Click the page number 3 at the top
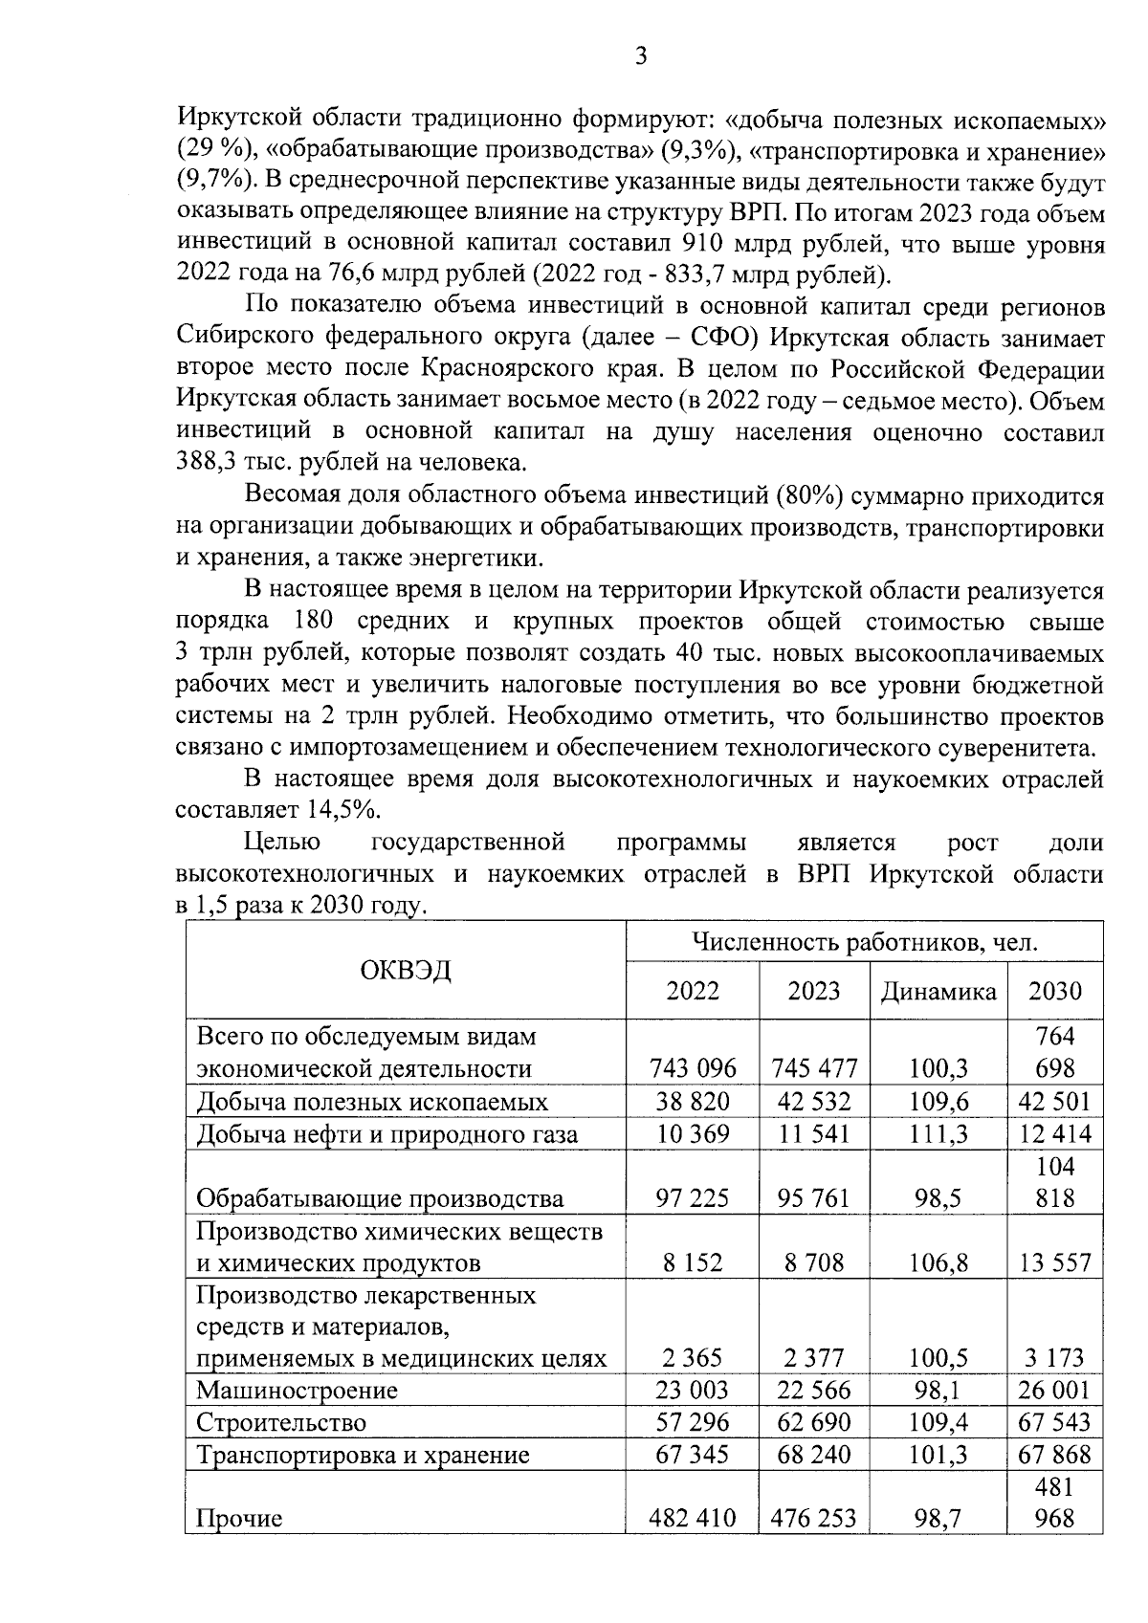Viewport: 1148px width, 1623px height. pyautogui.click(x=641, y=56)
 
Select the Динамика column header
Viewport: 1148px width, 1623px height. pyautogui.click(x=938, y=991)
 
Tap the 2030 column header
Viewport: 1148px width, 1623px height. pyautogui.click(x=1054, y=990)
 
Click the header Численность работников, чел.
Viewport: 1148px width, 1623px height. pyautogui.click(x=864, y=942)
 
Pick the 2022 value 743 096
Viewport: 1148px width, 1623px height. pyautogui.click(x=693, y=1067)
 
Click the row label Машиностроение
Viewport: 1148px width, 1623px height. pyautogui.click(x=297, y=1390)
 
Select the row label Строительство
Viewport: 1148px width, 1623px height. pyautogui.click(x=281, y=1422)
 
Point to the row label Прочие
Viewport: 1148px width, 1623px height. pyautogui.click(x=239, y=1518)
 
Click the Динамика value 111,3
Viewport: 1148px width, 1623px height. pyautogui.click(x=938, y=1134)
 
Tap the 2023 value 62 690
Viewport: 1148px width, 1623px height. pyautogui.click(x=813, y=1422)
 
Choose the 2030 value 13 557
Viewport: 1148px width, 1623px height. pyautogui.click(x=1054, y=1262)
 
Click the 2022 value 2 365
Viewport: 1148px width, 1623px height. pyautogui.click(x=693, y=1357)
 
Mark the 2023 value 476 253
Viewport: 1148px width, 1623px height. pyautogui.click(x=813, y=1518)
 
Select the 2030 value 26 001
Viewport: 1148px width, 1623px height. pyautogui.click(x=1054, y=1390)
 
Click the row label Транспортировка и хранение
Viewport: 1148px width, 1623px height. pyautogui.click(x=363, y=1456)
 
